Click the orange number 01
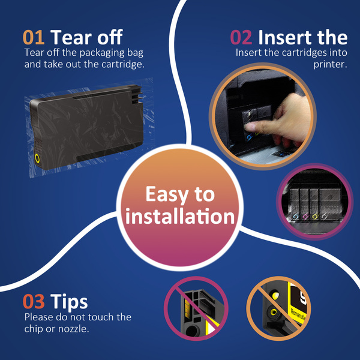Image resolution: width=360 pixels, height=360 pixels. [x=34, y=37]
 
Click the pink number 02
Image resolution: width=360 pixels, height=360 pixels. [x=241, y=37]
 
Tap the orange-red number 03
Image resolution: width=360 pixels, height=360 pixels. [x=34, y=301]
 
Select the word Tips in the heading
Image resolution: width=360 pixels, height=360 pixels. [x=69, y=301]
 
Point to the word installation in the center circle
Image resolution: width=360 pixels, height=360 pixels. [x=180, y=216]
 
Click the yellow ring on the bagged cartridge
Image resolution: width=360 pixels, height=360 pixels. [x=37, y=158]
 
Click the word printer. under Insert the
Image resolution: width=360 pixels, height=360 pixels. [x=330, y=65]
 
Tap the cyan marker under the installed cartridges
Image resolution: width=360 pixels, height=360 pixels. [x=296, y=216]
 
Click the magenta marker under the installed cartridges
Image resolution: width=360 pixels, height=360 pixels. [x=305, y=216]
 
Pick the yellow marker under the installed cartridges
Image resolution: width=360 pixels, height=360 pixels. [x=315, y=216]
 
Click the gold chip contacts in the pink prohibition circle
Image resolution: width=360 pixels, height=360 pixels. [x=187, y=309]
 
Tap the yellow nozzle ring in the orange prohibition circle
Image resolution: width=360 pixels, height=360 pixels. [x=274, y=312]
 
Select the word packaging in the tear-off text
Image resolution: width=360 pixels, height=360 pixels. [x=102, y=53]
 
